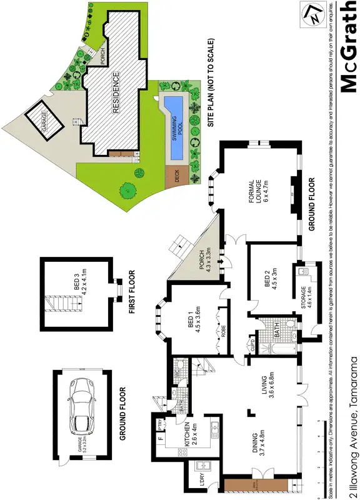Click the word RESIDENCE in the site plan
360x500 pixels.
pyautogui.click(x=116, y=93)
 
